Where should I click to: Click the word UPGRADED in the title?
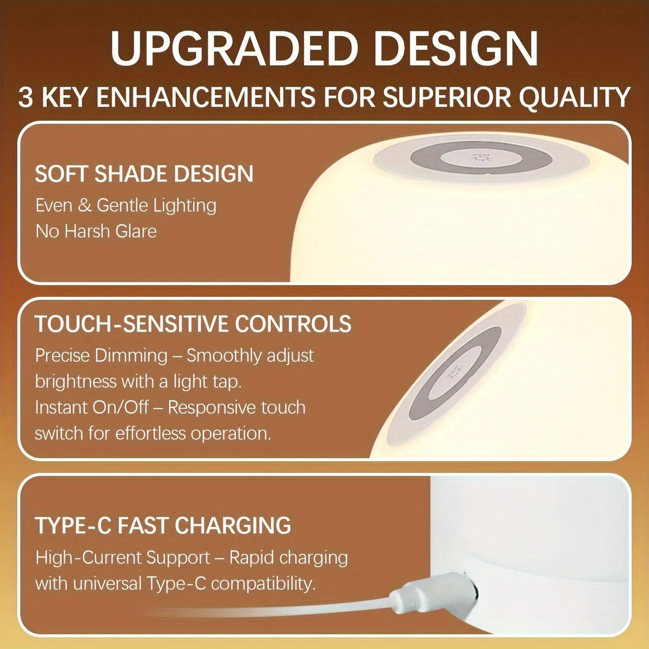tap(233, 48)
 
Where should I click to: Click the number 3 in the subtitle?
tap(26, 97)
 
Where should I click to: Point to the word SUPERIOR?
tap(447, 97)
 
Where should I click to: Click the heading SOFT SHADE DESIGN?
tap(144, 174)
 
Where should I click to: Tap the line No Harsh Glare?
tap(96, 231)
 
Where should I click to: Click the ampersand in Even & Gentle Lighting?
tap(84, 205)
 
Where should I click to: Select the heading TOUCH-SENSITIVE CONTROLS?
tap(193, 324)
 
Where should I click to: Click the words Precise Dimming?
tap(101, 355)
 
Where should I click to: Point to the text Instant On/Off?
tap(92, 407)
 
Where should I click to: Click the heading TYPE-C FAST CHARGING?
tap(163, 525)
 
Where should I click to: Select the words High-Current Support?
tap(123, 558)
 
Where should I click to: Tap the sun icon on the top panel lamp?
tap(477, 158)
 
